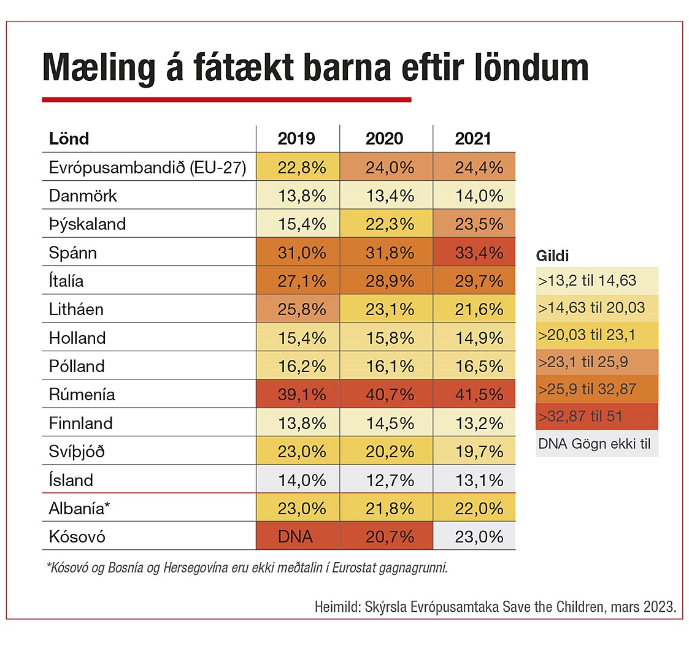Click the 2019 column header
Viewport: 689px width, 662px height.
tap(296, 139)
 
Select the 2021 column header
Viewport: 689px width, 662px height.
tap(473, 139)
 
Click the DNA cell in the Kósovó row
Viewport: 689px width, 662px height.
tap(295, 537)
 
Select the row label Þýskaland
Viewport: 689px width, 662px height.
tap(87, 224)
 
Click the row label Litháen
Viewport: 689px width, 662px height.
tap(76, 310)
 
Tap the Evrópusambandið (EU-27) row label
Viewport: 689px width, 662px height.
tap(147, 167)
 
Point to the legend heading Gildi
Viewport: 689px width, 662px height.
tap(552, 256)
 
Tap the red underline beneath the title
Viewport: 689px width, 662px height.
tap(226, 99)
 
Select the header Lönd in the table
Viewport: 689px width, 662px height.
tap(69, 139)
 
